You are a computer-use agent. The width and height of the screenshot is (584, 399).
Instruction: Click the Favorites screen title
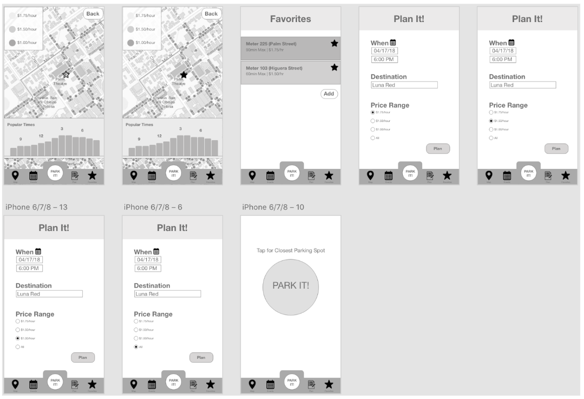pyautogui.click(x=291, y=19)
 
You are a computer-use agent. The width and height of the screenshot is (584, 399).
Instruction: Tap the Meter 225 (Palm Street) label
pyautogui.click(x=271, y=44)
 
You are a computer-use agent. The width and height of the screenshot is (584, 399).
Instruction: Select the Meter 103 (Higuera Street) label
pyautogui.click(x=274, y=68)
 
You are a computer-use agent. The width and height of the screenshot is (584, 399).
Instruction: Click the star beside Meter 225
pyautogui.click(x=334, y=43)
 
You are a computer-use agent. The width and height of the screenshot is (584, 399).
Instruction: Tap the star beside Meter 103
pyautogui.click(x=334, y=67)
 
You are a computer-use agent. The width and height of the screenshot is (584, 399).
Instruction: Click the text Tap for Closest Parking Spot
pyautogui.click(x=291, y=250)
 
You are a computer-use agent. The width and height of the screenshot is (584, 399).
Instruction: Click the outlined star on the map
pyautogui.click(x=66, y=74)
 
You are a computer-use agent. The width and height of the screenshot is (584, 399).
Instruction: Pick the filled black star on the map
pyautogui.click(x=184, y=74)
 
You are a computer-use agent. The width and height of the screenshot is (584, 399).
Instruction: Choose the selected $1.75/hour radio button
pyautogui.click(x=372, y=112)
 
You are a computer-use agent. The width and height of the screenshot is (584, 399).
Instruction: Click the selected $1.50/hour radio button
pyautogui.click(x=491, y=121)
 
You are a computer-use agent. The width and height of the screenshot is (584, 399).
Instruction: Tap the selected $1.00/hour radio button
pyautogui.click(x=18, y=338)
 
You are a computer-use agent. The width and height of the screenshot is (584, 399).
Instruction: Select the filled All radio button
pyautogui.click(x=136, y=347)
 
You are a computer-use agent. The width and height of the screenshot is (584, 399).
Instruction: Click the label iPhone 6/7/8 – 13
pyautogui.click(x=35, y=207)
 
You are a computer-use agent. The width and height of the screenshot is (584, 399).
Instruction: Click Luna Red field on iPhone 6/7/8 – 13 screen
pyautogui.click(x=49, y=294)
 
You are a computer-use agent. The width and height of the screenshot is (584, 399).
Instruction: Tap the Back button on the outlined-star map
pyautogui.click(x=93, y=13)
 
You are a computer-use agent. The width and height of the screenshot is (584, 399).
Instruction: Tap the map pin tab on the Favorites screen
pyautogui.click(x=252, y=175)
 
